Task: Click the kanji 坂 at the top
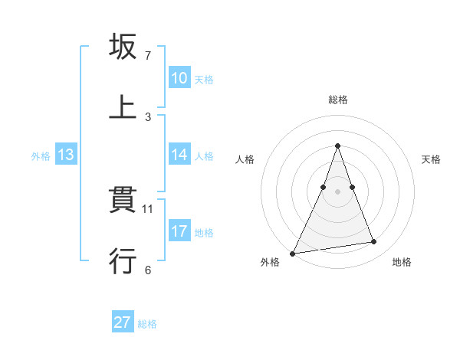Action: (123, 47)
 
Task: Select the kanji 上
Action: (123, 107)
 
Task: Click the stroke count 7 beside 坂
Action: (148, 56)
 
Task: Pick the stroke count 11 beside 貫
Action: (149, 208)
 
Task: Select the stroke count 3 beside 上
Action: (148, 117)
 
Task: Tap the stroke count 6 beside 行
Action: (148, 270)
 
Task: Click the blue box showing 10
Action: (179, 77)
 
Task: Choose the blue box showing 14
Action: (179, 154)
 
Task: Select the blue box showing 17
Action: (179, 231)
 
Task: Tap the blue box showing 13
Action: (66, 155)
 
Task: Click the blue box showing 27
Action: (123, 322)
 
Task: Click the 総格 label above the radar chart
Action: (338, 100)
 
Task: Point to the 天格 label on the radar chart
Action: (431, 159)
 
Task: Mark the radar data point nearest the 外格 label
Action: (293, 253)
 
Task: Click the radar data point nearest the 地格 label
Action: (373, 242)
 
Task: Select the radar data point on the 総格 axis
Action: (337, 146)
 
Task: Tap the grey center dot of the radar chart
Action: (337, 191)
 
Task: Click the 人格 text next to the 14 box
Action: (204, 155)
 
